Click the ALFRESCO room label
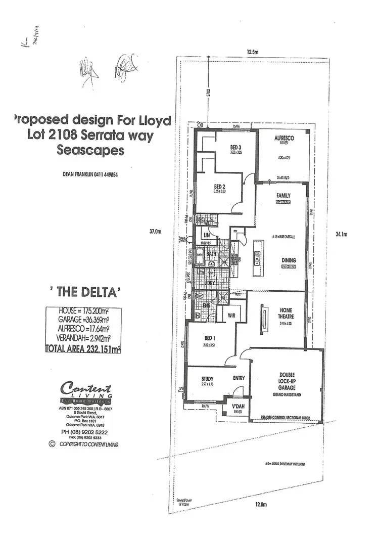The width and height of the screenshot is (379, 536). pos(284,138)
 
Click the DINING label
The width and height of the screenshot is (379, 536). pos(289,260)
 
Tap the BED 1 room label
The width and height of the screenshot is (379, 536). pos(209,339)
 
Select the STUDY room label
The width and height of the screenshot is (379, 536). pos(207,378)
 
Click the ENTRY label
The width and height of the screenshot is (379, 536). pos(239,378)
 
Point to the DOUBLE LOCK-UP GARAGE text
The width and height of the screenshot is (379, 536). pos(287,381)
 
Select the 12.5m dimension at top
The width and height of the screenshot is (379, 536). pos(253,52)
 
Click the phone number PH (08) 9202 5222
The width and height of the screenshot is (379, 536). pos(84,432)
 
